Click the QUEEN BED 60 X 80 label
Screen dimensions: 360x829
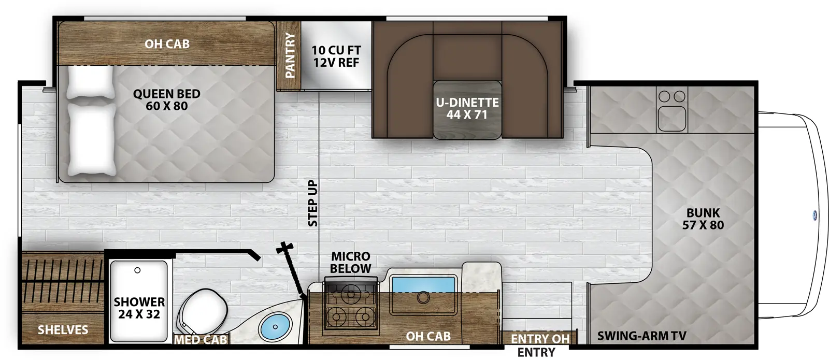pos(166,100)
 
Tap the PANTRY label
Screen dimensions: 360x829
pos(290,55)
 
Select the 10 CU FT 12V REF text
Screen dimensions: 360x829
pos(336,56)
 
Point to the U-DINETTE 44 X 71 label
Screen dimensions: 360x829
pos(467,109)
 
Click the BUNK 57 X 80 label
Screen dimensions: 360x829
pos(703,219)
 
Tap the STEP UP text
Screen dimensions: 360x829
pos(312,203)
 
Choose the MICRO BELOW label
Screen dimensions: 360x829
pos(351,262)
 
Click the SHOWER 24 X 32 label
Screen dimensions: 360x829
pos(139,308)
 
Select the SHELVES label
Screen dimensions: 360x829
pos(63,330)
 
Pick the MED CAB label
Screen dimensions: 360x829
pos(201,340)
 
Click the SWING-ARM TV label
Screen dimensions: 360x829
pos(641,336)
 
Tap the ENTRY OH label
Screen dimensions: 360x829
pos(540,339)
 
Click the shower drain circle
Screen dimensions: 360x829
pos(137,270)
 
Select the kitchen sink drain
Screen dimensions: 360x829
pos(423,297)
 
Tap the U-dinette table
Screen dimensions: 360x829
pos(467,110)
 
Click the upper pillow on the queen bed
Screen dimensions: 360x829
pos(90,81)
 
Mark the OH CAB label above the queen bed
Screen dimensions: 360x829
pos(167,44)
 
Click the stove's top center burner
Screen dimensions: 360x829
pos(351,294)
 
